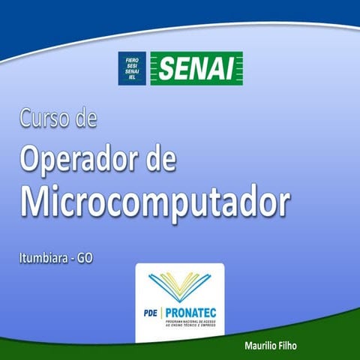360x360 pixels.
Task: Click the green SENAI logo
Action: (196, 67)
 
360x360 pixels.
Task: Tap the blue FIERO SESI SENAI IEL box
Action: (132, 67)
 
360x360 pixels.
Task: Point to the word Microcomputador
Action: (154, 201)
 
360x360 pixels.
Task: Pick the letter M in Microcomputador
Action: (37, 200)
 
